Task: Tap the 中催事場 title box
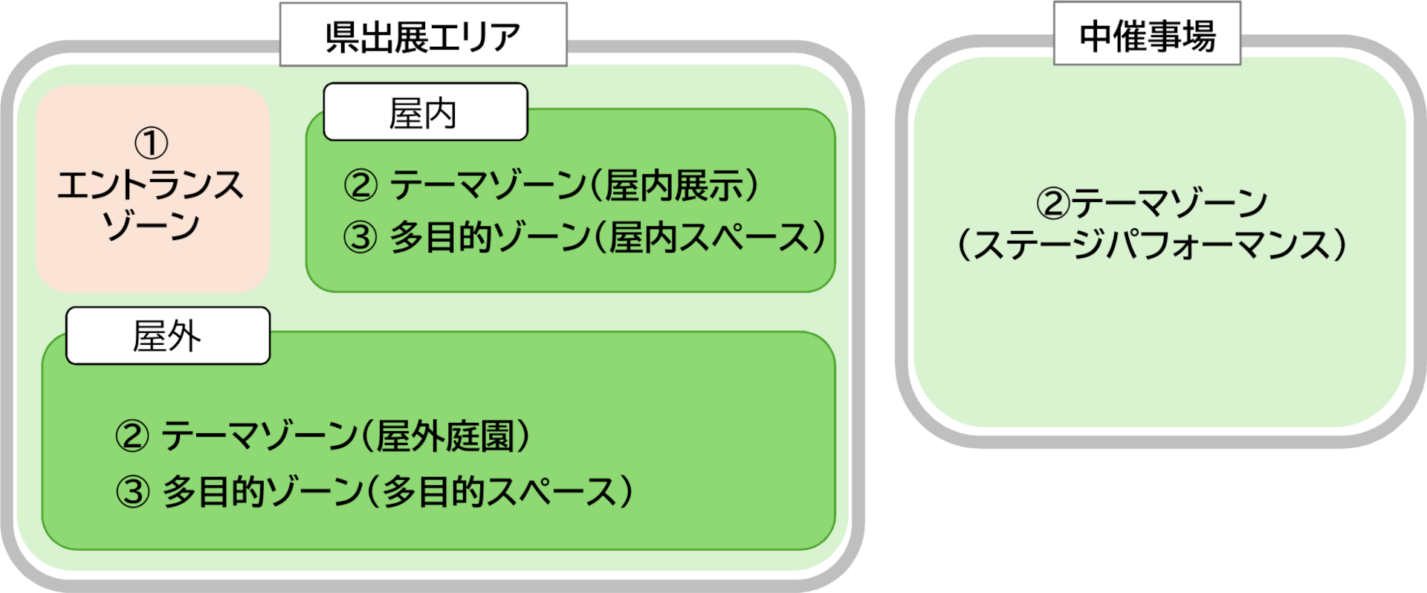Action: (x=1147, y=35)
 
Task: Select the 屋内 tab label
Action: (x=425, y=113)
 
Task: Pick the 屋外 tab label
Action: (x=168, y=336)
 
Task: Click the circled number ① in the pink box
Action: (x=152, y=143)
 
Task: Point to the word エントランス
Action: (x=152, y=185)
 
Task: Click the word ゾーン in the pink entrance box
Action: (x=152, y=225)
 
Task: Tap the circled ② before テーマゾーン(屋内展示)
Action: (x=360, y=185)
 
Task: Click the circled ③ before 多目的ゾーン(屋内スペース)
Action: (x=360, y=238)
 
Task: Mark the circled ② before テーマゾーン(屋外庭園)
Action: (x=132, y=436)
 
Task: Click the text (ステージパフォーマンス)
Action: (x=1152, y=245)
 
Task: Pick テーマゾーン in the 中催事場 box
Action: (x=1170, y=203)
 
